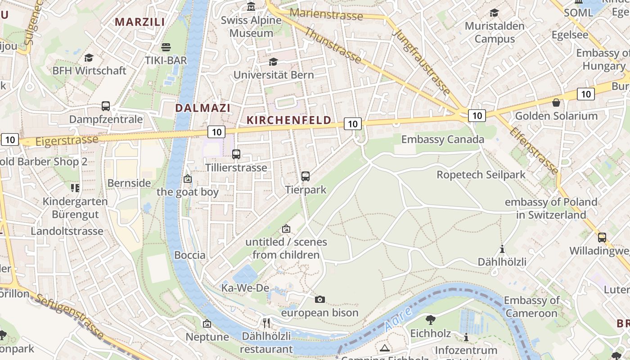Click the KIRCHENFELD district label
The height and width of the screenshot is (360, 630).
point(289,120)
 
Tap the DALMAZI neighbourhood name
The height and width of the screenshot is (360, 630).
point(202,108)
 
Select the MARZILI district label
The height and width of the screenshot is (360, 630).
point(139,22)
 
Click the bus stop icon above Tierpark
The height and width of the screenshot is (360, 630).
point(306,176)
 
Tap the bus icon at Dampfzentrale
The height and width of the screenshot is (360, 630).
point(106,106)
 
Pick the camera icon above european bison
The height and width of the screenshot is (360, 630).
point(320,299)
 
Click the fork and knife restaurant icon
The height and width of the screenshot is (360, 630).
point(266,323)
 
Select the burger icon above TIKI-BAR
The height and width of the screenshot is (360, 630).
point(166,47)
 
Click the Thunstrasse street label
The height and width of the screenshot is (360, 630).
point(333,45)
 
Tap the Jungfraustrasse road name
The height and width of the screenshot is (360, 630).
point(421,62)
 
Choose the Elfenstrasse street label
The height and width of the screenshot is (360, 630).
point(534,150)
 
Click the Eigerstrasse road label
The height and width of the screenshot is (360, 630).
point(67,140)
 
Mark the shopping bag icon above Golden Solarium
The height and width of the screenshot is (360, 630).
point(556,103)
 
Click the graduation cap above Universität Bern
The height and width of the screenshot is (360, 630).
point(273,62)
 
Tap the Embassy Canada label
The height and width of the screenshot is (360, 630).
point(442,139)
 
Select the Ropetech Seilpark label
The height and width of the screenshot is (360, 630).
point(481,175)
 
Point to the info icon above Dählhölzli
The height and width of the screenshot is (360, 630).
point(502,249)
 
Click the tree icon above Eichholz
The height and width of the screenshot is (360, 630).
point(430,320)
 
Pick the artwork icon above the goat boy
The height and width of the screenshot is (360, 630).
point(188,179)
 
